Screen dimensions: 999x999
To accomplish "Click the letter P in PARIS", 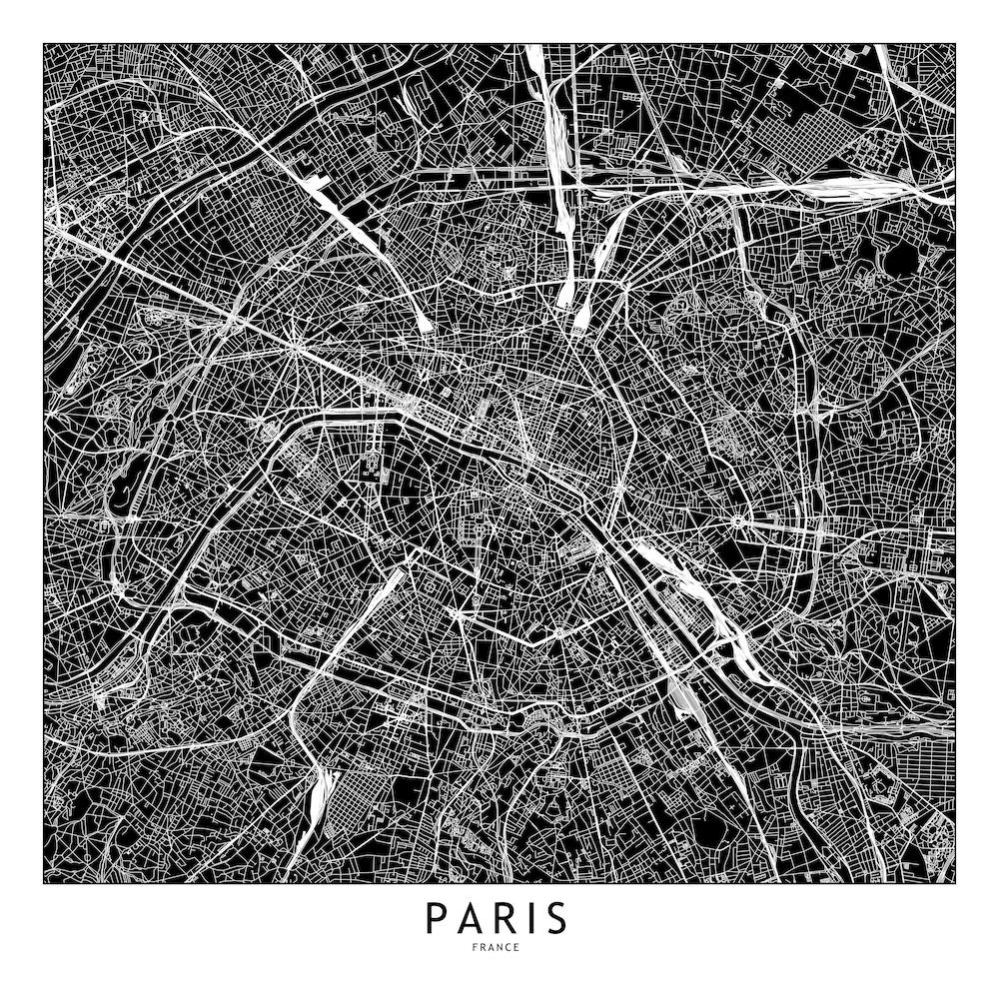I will click(436, 916).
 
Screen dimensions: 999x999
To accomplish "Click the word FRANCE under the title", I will click(499, 947).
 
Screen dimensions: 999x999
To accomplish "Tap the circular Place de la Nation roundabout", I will click(738, 521).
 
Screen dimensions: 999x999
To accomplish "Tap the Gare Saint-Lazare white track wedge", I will click(421, 318).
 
